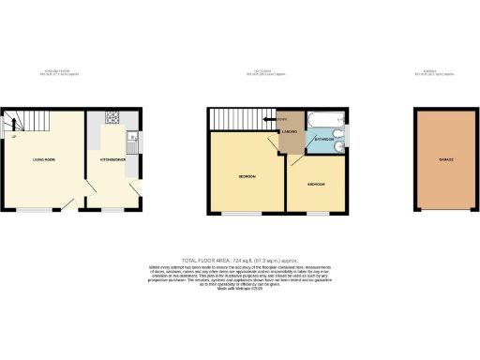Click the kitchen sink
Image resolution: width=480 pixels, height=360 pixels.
pyautogui.click(x=134, y=144)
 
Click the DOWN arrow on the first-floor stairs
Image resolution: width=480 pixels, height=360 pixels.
pyautogui.click(x=280, y=120)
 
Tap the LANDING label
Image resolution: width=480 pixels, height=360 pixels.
pyautogui.click(x=291, y=133)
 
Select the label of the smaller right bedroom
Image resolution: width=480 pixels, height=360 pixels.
pyautogui.click(x=316, y=185)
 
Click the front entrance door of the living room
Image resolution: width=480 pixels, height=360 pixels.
pyautogui.click(x=71, y=204)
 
